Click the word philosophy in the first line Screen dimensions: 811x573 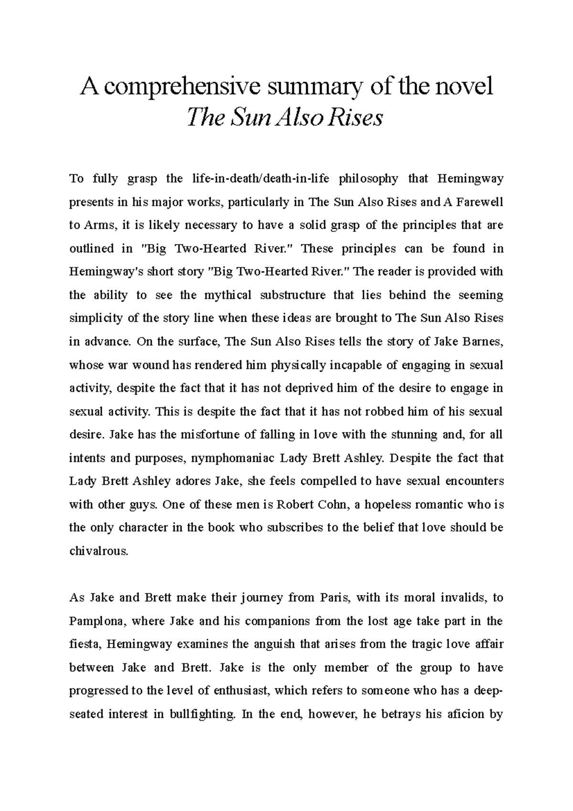(x=368, y=179)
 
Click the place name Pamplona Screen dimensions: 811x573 (x=96, y=621)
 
